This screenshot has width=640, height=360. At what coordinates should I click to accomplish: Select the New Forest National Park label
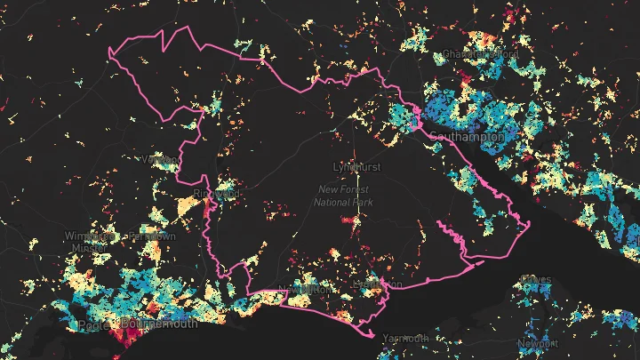tap(343, 196)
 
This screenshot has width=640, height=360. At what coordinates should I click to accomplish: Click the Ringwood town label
tap(217, 192)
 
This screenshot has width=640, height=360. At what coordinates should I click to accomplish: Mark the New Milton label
tap(304, 290)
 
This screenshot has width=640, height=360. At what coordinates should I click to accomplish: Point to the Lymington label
tap(378, 284)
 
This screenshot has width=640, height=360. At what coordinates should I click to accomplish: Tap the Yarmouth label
tap(405, 339)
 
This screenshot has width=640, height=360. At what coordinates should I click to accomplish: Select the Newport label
tap(539, 343)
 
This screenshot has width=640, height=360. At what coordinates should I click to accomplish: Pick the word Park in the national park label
tap(362, 202)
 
